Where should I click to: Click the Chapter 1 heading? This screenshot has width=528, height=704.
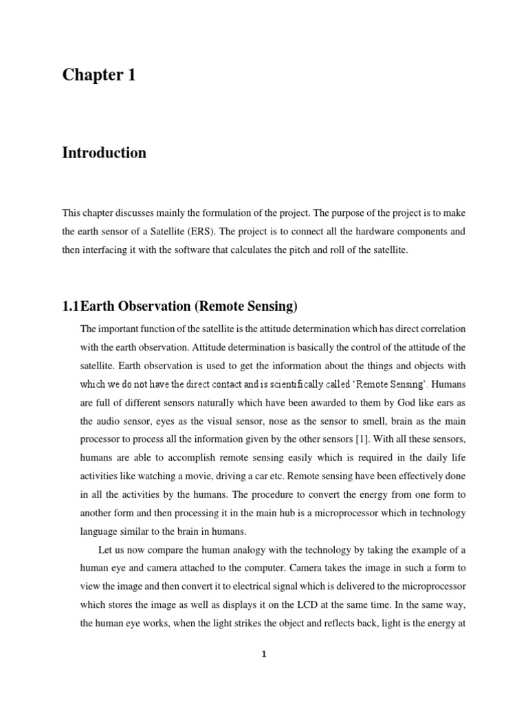click(x=99, y=75)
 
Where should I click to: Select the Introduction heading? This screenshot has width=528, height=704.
click(x=104, y=153)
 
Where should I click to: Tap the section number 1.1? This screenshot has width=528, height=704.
click(x=71, y=306)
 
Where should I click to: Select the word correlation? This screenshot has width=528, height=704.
click(x=440, y=329)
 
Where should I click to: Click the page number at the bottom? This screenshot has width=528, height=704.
click(x=263, y=654)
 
